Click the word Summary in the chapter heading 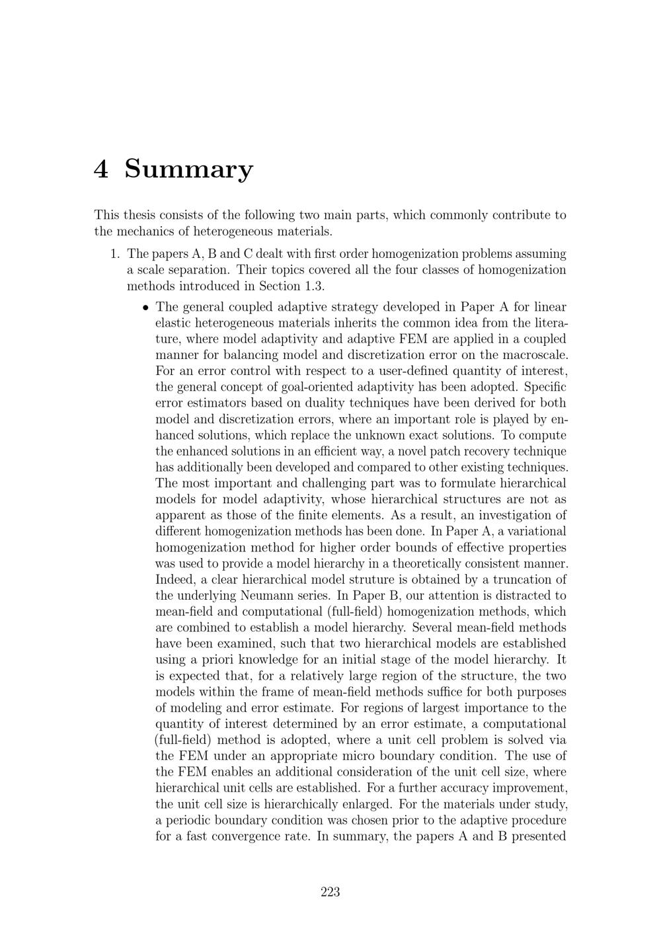pos(188,169)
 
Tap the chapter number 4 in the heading pos(101,169)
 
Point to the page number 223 pos(330,892)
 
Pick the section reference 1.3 pos(313,286)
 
